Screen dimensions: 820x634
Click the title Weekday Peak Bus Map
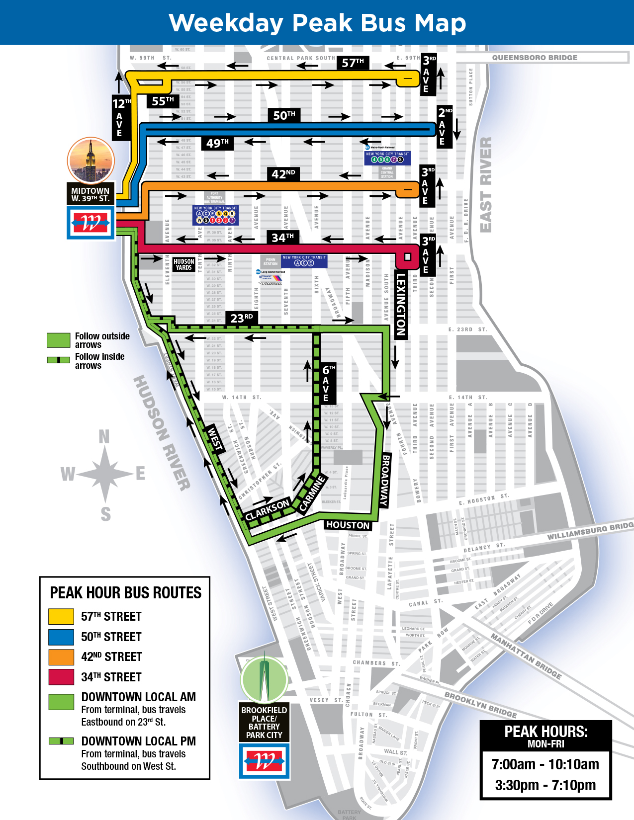[x=317, y=23]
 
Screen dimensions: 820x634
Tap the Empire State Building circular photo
[x=91, y=161]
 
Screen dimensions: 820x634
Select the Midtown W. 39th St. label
[x=90, y=194]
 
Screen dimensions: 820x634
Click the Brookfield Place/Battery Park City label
[x=264, y=722]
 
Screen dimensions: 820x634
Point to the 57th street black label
[x=353, y=63]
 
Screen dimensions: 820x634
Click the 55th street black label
[x=163, y=101]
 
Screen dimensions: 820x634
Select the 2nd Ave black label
[x=444, y=127]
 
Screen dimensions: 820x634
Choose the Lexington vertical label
[x=401, y=305]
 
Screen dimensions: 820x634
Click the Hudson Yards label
[x=183, y=264]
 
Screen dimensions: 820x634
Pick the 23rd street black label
[x=242, y=318]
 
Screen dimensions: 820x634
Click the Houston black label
[x=348, y=525]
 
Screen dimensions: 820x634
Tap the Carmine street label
[x=312, y=493]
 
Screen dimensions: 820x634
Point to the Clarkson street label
[x=267, y=509]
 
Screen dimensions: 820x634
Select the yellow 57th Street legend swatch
[x=61, y=616]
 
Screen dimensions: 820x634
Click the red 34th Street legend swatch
[x=61, y=677]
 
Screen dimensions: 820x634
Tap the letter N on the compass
[x=104, y=437]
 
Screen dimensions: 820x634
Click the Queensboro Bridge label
[x=535, y=58]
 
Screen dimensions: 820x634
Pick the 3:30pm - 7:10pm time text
[x=545, y=785]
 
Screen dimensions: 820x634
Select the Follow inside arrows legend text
[x=99, y=361]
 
